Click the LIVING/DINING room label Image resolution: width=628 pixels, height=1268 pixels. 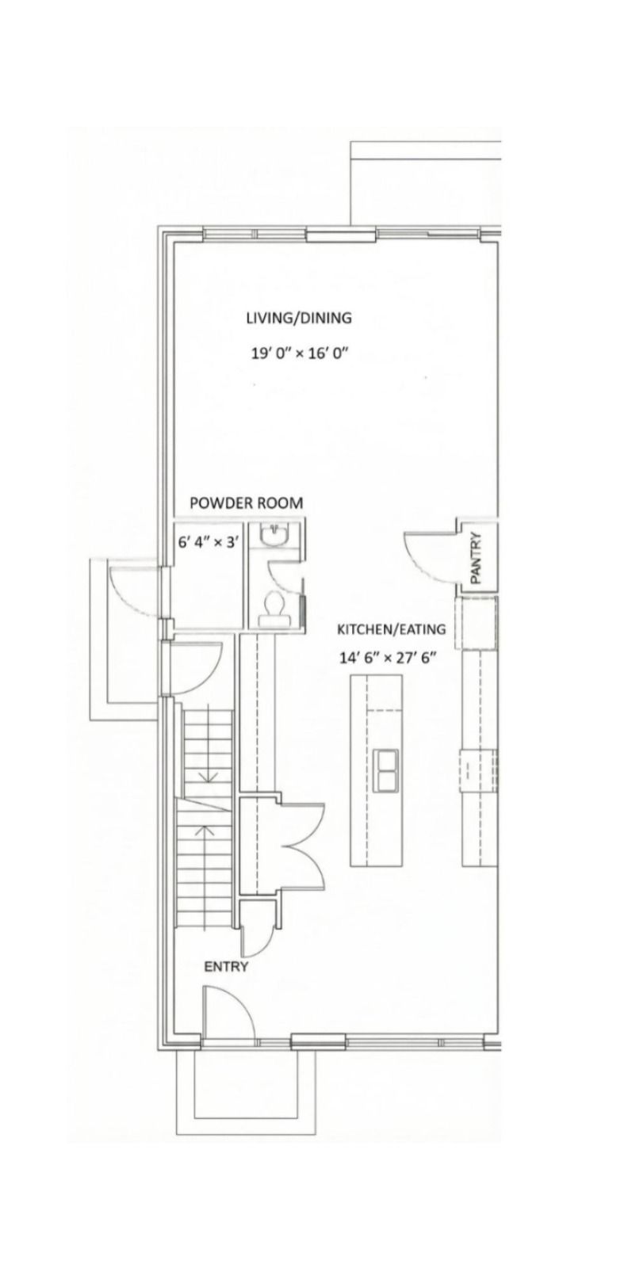[298, 318]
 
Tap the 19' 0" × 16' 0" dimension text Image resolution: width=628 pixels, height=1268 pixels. [298, 353]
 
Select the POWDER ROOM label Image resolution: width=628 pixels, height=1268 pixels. [247, 502]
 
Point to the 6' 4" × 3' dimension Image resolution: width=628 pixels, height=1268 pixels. [205, 542]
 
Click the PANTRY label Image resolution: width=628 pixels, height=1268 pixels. [476, 558]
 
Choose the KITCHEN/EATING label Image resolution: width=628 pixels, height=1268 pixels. [391, 629]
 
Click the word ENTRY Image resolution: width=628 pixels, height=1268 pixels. [226, 967]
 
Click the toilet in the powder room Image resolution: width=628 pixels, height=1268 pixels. [274, 609]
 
